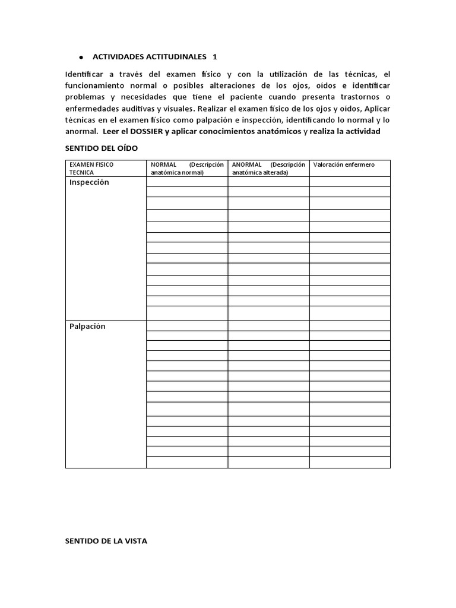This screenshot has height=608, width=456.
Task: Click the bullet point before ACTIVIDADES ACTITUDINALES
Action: pyautogui.click(x=81, y=57)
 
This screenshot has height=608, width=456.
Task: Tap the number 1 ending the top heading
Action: pyautogui.click(x=215, y=56)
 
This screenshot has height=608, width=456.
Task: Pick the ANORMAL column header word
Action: pyautogui.click(x=248, y=164)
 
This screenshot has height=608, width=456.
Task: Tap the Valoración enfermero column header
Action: pyautogui.click(x=344, y=164)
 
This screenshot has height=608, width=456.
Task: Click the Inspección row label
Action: pyautogui.click(x=89, y=182)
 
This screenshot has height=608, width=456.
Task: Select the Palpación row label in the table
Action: pyautogui.click(x=87, y=326)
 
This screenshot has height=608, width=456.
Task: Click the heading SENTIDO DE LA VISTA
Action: pyautogui.click(x=106, y=541)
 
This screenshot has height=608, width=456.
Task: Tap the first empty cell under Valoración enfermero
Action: pyautogui.click(x=350, y=182)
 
